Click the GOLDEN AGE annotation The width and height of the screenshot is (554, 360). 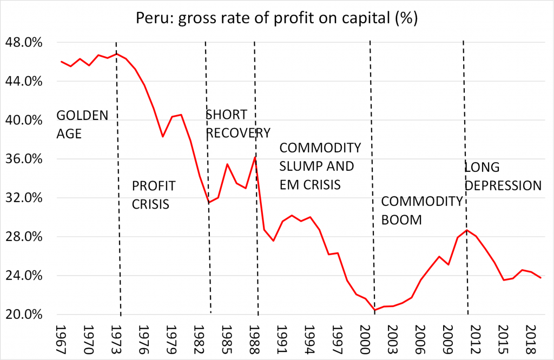[82, 124]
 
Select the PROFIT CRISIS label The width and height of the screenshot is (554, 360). [154, 195]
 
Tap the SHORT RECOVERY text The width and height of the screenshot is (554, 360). [238, 124]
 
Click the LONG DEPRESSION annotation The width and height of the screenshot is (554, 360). [503, 176]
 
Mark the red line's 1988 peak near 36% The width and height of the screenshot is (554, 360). [255, 157]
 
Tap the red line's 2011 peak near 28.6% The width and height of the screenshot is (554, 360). [467, 230]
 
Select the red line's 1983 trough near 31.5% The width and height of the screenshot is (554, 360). [209, 203]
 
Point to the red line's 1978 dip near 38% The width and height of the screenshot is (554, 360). [162, 137]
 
